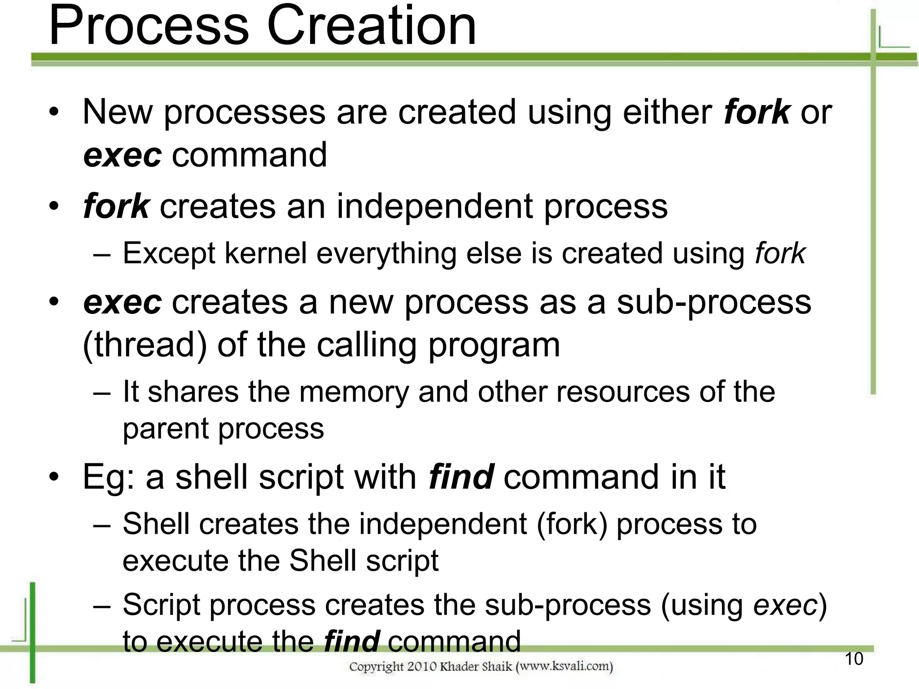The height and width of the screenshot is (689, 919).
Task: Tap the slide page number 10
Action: point(854,659)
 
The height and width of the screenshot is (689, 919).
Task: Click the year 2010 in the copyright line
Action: point(422,667)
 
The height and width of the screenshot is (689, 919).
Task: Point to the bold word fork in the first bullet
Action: point(757,112)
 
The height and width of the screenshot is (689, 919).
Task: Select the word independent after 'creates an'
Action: point(435,206)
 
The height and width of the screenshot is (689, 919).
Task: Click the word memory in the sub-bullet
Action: point(354,392)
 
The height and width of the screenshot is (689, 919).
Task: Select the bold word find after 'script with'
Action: point(461,476)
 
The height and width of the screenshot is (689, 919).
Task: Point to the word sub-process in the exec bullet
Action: point(714,302)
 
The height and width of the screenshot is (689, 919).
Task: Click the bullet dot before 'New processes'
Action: point(54,112)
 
